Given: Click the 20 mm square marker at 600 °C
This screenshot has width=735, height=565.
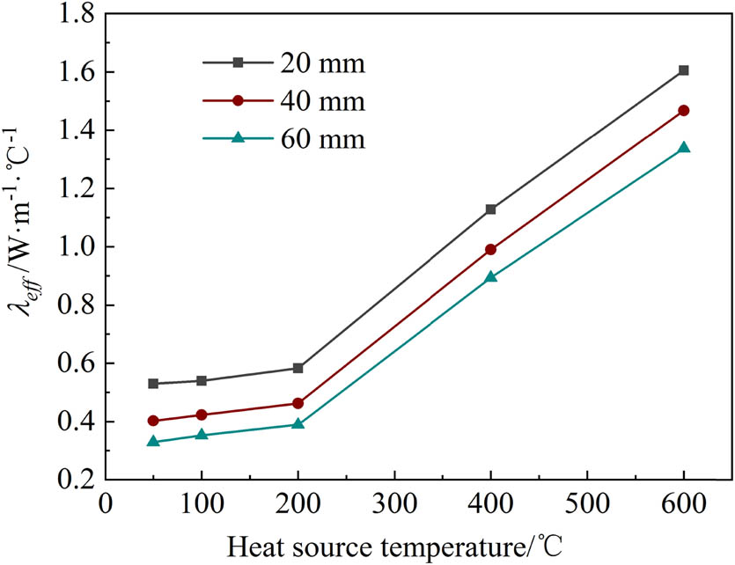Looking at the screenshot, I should tap(683, 70).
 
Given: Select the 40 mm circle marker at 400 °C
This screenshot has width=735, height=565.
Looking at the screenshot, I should tap(490, 249).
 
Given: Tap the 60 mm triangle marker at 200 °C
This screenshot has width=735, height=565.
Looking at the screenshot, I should tap(298, 423).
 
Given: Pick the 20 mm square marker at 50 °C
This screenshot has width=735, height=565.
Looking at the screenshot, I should tap(153, 384).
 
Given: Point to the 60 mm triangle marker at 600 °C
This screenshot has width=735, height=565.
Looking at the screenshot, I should tap(683, 148).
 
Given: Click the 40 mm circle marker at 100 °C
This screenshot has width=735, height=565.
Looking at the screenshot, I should tap(202, 415).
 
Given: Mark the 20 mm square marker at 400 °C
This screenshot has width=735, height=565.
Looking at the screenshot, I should tap(490, 209).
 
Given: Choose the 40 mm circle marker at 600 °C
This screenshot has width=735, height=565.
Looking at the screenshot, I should tap(683, 110).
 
